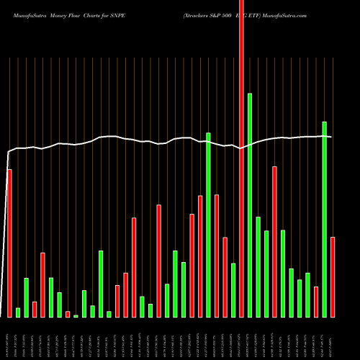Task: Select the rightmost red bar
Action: (x=333, y=276)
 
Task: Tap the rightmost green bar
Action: (x=324, y=219)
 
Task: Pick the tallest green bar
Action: (x=250, y=204)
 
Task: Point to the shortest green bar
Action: (x=76, y=315)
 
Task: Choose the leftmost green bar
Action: (x=18, y=312)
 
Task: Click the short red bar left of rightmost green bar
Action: (x=316, y=302)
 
